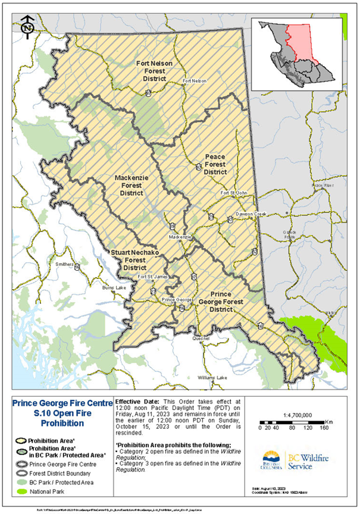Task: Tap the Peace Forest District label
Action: (215, 163)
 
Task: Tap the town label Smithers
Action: (64, 262)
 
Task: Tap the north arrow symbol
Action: (26, 26)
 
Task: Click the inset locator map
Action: (299, 54)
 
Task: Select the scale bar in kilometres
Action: (296, 427)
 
